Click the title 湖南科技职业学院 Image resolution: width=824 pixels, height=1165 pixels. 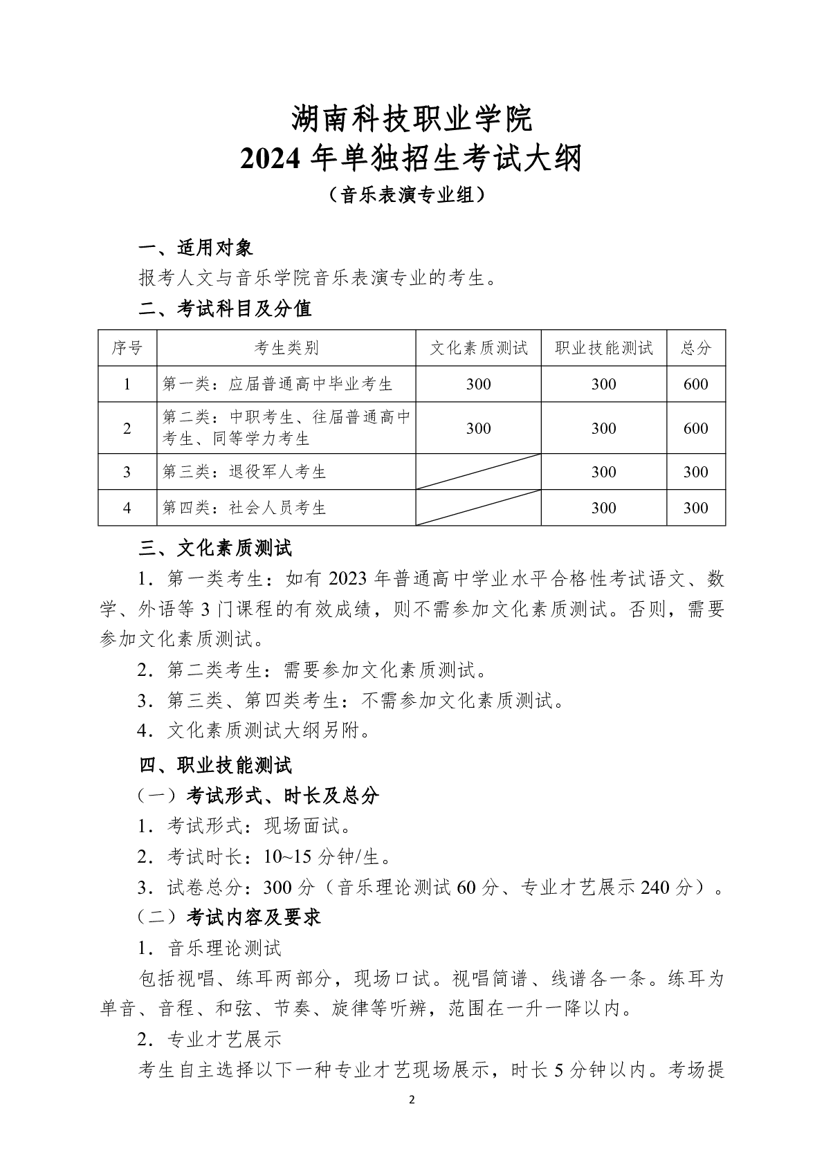point(412,119)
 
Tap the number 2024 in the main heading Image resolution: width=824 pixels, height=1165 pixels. point(270,160)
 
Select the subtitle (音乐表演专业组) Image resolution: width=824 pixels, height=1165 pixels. point(412,196)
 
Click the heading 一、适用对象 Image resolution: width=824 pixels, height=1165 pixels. point(196,248)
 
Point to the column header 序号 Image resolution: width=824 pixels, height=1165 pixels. point(127,348)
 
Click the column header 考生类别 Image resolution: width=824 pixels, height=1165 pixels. point(286,348)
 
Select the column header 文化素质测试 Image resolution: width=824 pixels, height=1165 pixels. point(478,348)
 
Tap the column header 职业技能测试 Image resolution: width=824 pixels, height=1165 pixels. point(603,348)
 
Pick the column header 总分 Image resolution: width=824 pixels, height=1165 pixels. point(695,348)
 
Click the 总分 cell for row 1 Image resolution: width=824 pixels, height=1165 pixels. point(695,385)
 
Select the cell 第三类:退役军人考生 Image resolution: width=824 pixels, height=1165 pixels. point(244,473)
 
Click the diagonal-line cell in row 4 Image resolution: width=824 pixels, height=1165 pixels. point(478,508)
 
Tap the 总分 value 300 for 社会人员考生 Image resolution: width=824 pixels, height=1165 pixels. point(695,508)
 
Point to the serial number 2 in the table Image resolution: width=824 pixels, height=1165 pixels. point(127,428)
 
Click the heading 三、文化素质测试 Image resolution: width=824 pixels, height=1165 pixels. point(215,549)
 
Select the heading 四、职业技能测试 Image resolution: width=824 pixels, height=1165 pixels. point(215,765)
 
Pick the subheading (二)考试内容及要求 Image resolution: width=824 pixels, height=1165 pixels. point(230,917)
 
